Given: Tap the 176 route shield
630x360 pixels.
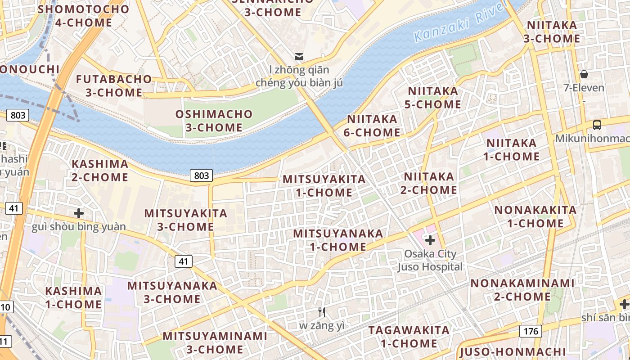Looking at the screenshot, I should (x=531, y=332).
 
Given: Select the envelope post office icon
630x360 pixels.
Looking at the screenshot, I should (x=299, y=57).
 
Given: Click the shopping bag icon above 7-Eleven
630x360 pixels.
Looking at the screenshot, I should (x=584, y=74).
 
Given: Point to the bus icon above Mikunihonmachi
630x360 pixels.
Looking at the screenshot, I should (x=597, y=125).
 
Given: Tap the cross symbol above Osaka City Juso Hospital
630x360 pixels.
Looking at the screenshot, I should (x=430, y=240).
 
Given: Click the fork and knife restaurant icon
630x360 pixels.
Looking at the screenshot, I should (x=322, y=312).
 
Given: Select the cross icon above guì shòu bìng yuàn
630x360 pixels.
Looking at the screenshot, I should (x=79, y=213).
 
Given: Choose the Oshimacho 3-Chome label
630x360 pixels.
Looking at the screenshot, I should (x=214, y=121).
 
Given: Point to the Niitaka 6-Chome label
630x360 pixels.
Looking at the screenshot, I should (x=373, y=126).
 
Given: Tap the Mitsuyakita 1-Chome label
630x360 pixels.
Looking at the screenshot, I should (x=324, y=186).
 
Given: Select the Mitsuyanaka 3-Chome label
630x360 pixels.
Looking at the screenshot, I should (x=172, y=292).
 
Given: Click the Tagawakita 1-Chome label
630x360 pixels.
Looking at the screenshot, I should (x=409, y=337).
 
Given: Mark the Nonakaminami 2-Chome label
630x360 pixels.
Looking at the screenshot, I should (x=522, y=290).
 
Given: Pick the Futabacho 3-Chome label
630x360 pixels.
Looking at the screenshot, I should (x=114, y=86).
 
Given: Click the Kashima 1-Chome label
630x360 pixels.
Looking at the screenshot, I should (x=73, y=297).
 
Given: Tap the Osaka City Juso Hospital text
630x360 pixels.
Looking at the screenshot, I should (x=430, y=260).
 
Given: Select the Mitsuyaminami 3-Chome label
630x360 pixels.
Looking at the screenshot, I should (x=215, y=342).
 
